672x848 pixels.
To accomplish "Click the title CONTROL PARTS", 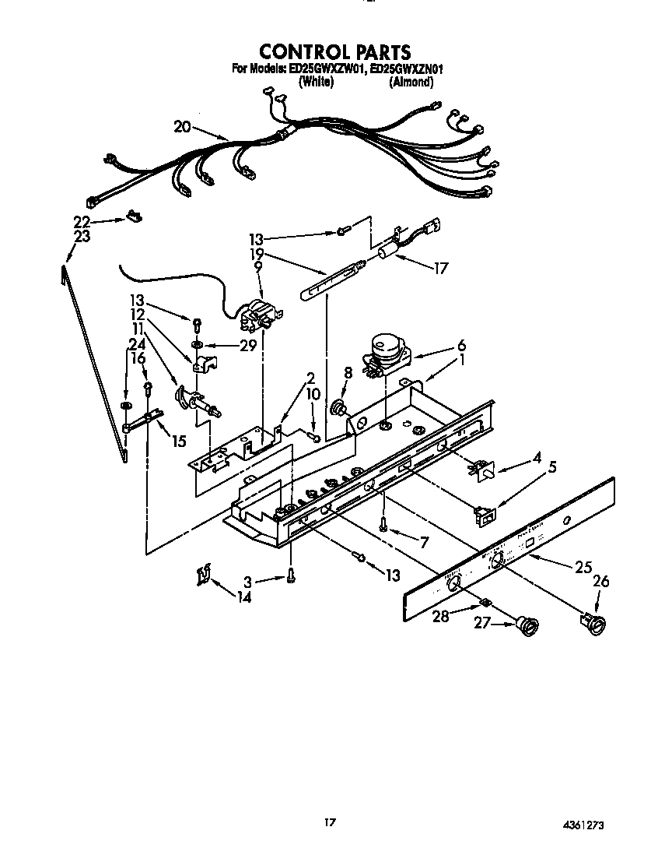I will tap(334, 52).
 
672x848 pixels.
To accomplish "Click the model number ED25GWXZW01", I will tap(327, 69).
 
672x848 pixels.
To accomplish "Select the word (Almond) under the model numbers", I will tap(411, 82).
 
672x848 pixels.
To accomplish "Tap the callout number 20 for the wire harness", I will tap(182, 126).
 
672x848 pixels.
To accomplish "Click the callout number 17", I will tap(441, 269).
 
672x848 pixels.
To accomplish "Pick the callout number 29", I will tap(248, 345).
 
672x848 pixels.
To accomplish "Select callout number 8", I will tap(348, 373).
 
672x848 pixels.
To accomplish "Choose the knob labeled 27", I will tap(530, 624).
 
